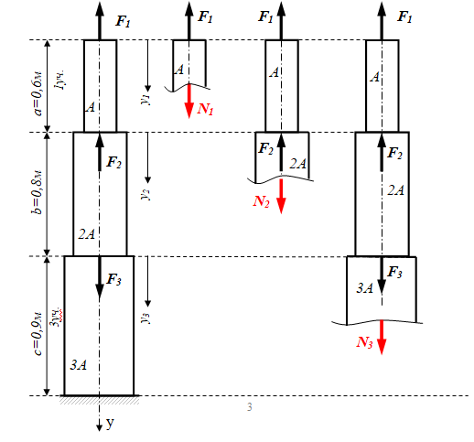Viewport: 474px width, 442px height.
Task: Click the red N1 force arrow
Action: tap(189, 101)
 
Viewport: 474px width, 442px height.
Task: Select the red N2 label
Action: tap(262, 201)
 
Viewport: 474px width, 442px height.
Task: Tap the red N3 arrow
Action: tap(382, 337)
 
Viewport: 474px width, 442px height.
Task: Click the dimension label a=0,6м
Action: tap(38, 94)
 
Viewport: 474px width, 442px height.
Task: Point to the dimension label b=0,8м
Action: tap(38, 193)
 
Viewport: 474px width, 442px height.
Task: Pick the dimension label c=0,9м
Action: tap(38, 334)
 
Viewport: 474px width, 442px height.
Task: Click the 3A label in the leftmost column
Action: tap(79, 365)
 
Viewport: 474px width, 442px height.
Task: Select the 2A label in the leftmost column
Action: tap(87, 234)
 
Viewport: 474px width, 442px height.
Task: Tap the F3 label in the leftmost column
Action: tap(113, 279)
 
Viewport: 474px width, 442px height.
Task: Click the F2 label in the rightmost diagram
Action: tap(394, 153)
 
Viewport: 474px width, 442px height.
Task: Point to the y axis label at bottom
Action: tap(110, 423)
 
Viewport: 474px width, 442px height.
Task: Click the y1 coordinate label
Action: tap(147, 100)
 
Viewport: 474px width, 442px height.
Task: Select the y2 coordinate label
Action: tap(146, 194)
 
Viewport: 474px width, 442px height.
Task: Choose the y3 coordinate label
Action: tap(146, 318)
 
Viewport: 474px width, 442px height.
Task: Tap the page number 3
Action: tap(250, 407)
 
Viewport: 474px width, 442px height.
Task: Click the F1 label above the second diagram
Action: tap(205, 16)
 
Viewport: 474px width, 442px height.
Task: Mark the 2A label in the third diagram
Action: tap(297, 164)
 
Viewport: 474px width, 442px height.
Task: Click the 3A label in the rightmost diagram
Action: tap(365, 288)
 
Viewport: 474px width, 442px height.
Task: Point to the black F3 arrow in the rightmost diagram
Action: tap(382, 275)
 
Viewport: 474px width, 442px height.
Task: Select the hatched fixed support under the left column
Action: tap(100, 400)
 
